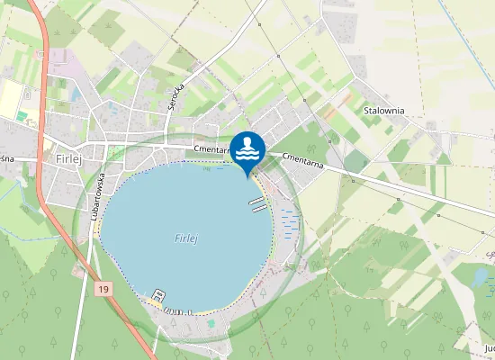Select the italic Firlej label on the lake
tap(185, 238)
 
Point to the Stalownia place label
tap(383, 111)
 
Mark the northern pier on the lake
tap(255, 200)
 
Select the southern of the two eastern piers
tap(259, 209)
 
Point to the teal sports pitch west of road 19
tap(21, 115)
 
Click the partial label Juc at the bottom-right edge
tap(489, 347)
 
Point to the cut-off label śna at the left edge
tap(7, 158)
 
